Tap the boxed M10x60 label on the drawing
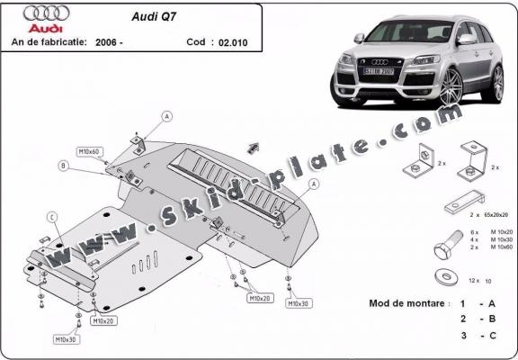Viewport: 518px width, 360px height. tap(88, 152)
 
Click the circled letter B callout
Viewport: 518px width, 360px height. tap(62, 166)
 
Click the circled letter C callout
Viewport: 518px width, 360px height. tap(52, 217)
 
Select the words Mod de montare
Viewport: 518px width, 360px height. tap(407, 303)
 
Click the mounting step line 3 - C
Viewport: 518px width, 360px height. tap(477, 336)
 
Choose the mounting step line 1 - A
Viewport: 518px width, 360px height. tap(477, 303)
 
